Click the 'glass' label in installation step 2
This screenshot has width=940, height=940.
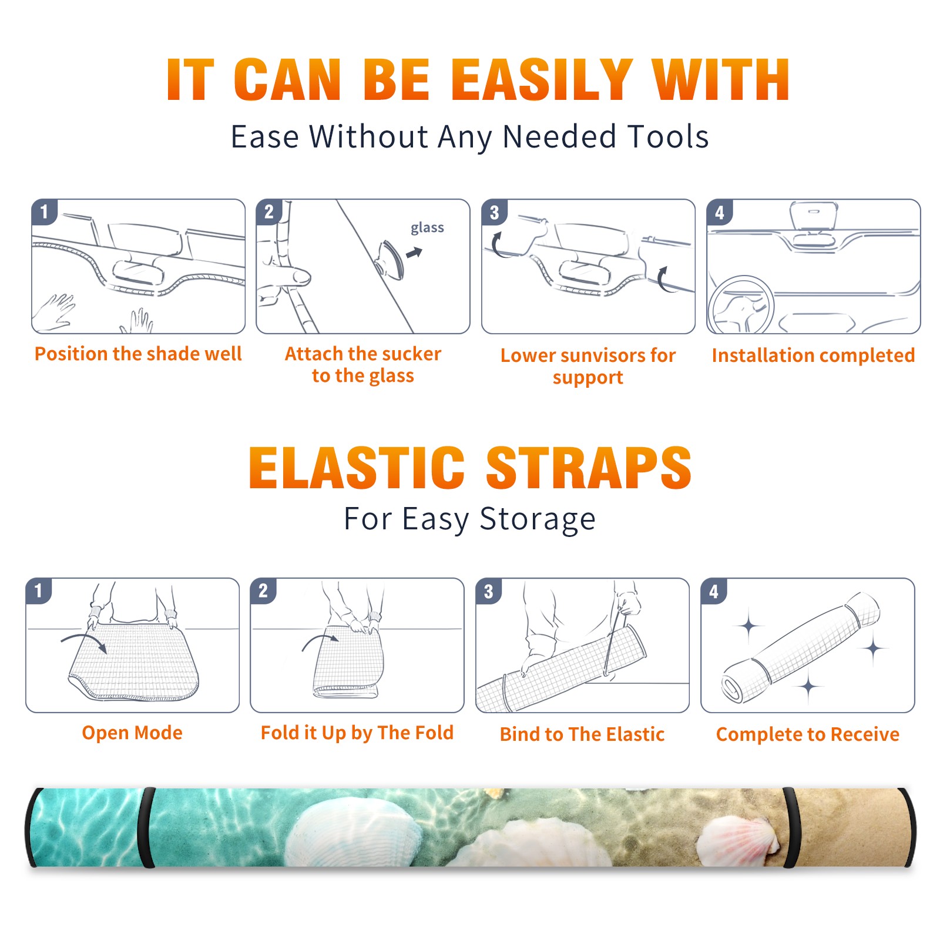(427, 228)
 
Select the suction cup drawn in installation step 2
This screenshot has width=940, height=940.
(390, 259)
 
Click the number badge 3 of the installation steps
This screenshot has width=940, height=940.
(494, 213)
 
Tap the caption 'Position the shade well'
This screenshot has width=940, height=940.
(138, 354)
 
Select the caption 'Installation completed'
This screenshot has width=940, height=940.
(813, 355)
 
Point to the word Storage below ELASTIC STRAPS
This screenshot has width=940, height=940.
(538, 519)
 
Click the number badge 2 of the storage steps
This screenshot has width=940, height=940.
(263, 591)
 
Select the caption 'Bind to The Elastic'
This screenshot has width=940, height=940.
(582, 734)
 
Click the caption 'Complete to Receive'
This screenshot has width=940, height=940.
(808, 734)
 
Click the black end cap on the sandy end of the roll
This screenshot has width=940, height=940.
(908, 827)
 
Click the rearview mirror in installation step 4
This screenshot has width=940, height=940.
(813, 216)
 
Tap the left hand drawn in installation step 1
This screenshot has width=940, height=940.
(54, 311)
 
